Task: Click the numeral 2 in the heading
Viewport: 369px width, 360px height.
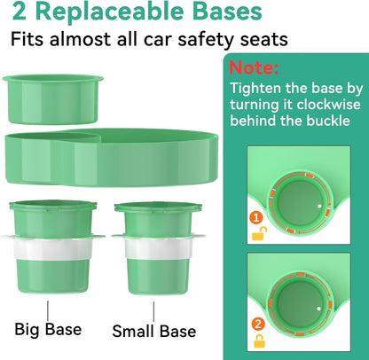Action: click(18, 13)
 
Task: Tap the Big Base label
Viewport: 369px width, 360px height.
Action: click(48, 329)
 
